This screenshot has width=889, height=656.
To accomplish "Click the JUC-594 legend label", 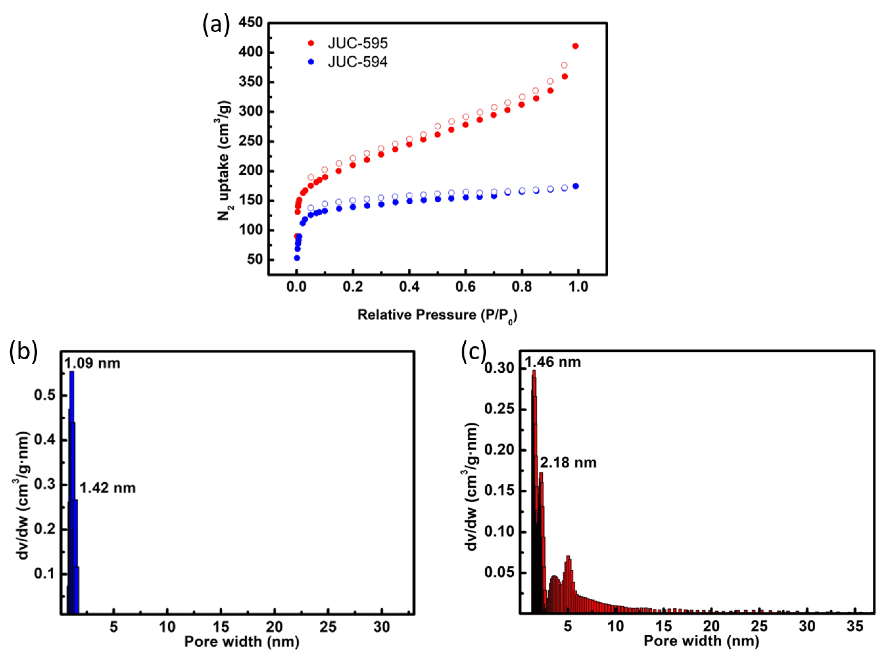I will point(357,62).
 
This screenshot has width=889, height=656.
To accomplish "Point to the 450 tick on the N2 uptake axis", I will point(250,23).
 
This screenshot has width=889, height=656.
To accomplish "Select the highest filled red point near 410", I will point(575,46).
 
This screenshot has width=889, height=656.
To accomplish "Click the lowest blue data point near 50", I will point(296,258).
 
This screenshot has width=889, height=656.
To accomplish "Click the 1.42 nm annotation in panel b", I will point(107,488).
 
